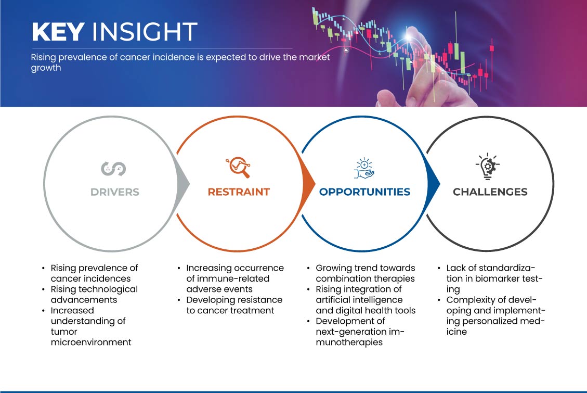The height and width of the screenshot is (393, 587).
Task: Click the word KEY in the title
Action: coord(58,31)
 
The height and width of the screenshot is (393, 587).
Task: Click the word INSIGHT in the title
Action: coord(145,31)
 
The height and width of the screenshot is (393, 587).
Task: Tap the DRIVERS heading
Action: coord(115,192)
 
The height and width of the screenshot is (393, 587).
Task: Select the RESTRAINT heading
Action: coord(239,192)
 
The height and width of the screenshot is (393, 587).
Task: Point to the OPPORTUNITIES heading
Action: coord(364,192)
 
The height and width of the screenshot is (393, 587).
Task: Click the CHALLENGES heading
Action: coord(490,192)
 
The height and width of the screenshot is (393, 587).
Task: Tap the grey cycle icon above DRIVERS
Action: coord(113,169)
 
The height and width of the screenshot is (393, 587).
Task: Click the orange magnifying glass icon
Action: coord(238,167)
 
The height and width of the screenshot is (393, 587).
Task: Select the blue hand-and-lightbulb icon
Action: coord(364,168)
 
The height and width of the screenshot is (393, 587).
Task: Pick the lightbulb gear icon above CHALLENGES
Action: coord(487,167)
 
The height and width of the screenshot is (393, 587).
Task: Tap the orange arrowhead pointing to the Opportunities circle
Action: coord(308,184)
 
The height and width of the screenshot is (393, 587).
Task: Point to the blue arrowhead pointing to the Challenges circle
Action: coord(433,184)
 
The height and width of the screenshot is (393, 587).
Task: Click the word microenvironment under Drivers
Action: coord(91,342)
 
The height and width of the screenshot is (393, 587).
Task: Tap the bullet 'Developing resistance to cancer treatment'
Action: coord(230,305)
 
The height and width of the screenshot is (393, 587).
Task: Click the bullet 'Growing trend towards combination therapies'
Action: coord(361,273)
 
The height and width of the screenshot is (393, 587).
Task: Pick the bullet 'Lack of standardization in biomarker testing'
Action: coord(490,278)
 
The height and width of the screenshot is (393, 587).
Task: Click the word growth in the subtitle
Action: coord(46,68)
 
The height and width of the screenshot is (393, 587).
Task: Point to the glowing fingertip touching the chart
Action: coord(411,35)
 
